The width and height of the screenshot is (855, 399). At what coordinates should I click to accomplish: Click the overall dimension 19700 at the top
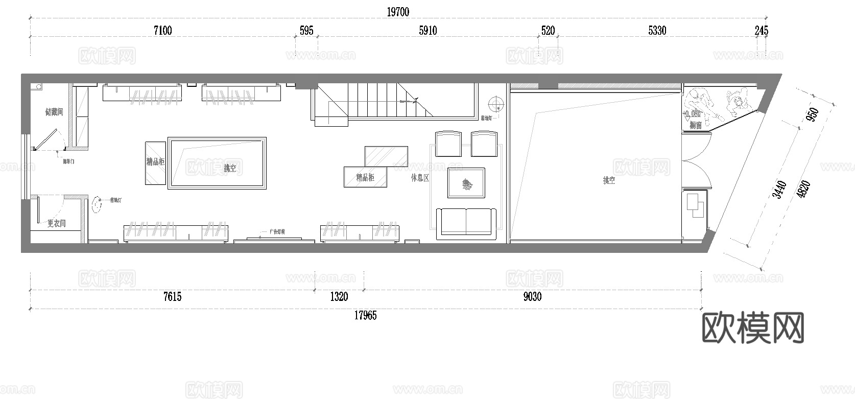(397, 12)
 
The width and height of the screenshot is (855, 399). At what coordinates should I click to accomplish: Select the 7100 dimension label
(162, 31)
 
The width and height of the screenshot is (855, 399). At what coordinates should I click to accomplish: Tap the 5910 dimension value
(427, 31)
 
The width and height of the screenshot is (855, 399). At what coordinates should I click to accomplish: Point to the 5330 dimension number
(657, 31)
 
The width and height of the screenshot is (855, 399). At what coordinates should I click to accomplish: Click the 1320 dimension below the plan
(339, 297)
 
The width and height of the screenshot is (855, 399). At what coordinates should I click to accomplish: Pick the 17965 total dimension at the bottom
(365, 316)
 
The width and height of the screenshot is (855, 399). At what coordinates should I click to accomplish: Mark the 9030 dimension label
(532, 297)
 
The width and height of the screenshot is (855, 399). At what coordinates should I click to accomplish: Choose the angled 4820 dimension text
(803, 190)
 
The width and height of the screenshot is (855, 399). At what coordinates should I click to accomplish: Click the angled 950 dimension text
(812, 115)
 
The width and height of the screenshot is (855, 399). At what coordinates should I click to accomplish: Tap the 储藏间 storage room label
(54, 112)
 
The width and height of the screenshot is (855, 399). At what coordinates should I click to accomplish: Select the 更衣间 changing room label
(56, 223)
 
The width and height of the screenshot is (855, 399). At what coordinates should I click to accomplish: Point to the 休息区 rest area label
(419, 178)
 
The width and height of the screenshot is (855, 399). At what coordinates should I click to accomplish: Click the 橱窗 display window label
(695, 125)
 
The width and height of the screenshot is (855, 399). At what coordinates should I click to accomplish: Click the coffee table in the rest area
(466, 182)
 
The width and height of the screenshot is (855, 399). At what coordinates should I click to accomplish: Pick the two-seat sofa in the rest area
(466, 223)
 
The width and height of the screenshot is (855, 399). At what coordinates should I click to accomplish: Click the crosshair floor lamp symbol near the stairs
(495, 104)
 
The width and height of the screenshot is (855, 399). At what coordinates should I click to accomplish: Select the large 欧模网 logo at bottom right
(753, 327)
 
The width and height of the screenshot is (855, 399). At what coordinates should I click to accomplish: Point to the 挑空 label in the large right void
(608, 180)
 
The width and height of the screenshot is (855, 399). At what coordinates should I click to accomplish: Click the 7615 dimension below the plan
(172, 297)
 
